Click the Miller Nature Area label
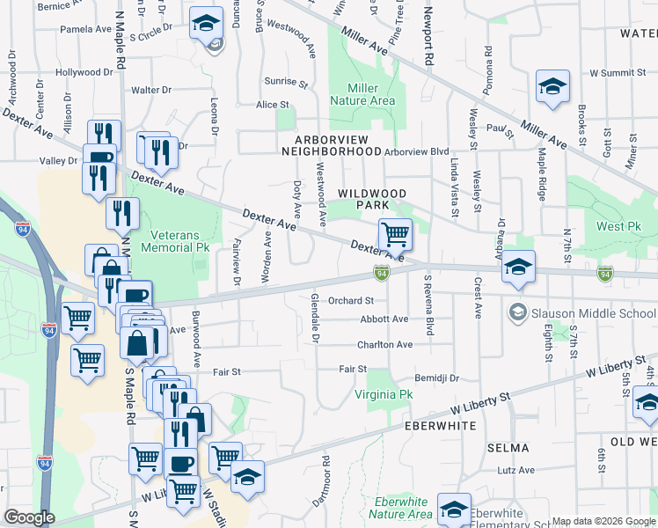pyautogui.click(x=362, y=94)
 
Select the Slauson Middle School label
pyautogui.click(x=579, y=312)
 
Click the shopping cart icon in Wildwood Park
pyautogui.click(x=395, y=235)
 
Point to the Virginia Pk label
pyautogui.click(x=383, y=395)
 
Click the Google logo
pyautogui.click(x=29, y=517)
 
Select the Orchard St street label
pyautogui.click(x=351, y=300)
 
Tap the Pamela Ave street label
pyautogui.click(x=85, y=29)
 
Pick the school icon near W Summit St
pyautogui.click(x=552, y=87)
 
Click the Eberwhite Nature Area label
pyautogui.click(x=400, y=508)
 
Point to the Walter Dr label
pyautogui.click(x=151, y=90)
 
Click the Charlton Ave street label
pyautogui.click(x=384, y=345)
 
